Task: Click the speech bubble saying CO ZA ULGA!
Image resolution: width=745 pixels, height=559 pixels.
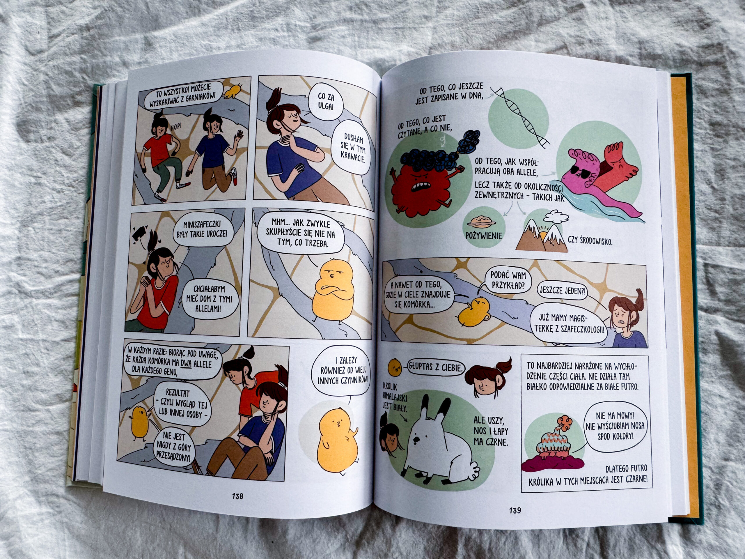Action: click(325, 102)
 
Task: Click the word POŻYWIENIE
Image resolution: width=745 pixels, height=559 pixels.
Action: click(483, 235)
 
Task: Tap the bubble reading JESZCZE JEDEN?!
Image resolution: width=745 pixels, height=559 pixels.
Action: click(561, 290)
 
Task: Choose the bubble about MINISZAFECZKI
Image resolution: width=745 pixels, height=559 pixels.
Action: click(203, 230)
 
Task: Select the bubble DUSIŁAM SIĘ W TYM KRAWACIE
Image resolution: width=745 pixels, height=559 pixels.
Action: click(354, 148)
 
